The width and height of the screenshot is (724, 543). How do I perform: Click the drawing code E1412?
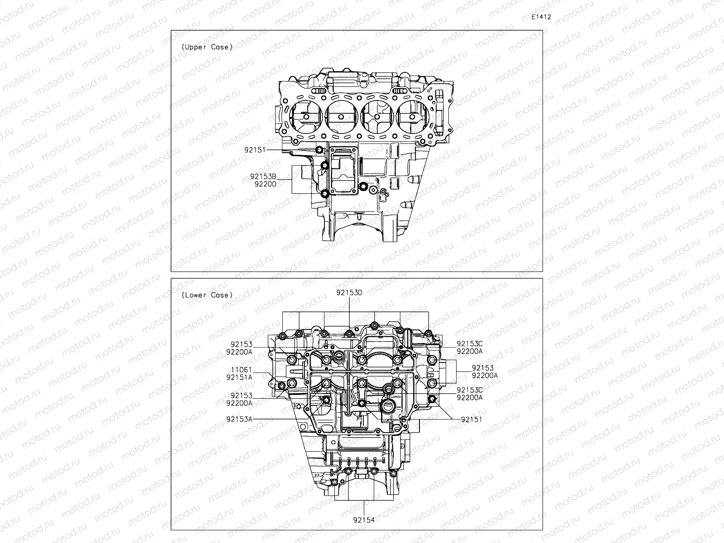coord(541,17)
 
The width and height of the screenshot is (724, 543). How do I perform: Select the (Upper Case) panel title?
coord(207,47)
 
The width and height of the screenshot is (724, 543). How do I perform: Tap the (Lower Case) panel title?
coord(207,295)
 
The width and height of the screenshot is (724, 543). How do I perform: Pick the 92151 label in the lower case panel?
coord(471,419)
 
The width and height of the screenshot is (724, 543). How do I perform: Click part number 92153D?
coord(349,293)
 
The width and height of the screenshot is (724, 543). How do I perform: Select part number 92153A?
coord(239,419)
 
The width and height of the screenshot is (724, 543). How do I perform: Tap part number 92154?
coord(364,520)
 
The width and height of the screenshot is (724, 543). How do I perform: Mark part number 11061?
coord(241,370)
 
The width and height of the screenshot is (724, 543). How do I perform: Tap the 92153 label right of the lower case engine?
coord(482,368)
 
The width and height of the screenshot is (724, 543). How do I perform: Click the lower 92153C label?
coord(469,390)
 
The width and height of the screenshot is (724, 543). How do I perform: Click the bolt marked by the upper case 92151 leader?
coord(320,150)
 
